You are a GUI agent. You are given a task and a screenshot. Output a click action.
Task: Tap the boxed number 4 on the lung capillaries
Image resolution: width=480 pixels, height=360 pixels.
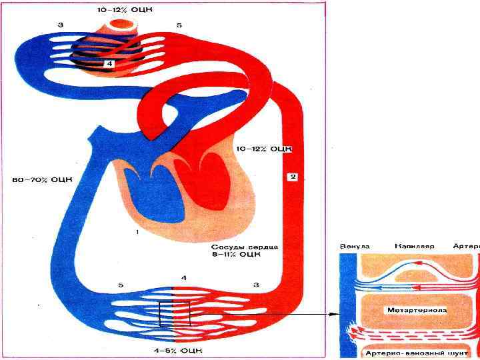pos(109,63)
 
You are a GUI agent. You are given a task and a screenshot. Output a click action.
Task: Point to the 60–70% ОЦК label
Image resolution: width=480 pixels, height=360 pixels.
pos(42,179)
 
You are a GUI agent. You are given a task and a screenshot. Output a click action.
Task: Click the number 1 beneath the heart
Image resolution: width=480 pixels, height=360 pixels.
pos(137,231)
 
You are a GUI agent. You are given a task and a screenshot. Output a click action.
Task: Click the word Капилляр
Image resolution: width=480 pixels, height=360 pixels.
pos(414,246)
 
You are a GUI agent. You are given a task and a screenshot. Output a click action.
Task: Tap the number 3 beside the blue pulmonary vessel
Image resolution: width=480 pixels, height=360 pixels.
pos(60,25)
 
